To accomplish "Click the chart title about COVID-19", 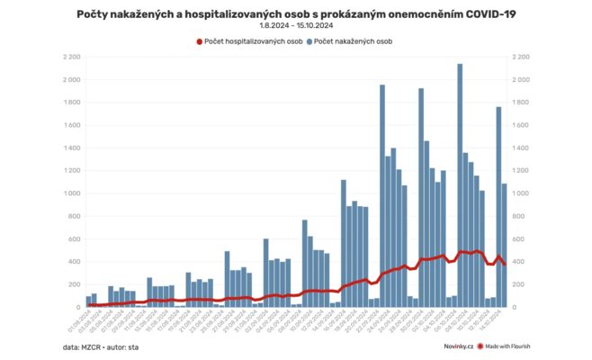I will (x=296, y=14).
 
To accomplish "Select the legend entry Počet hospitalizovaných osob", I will (x=247, y=41).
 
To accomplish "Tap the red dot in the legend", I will (x=200, y=41).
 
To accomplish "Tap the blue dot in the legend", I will (x=309, y=41).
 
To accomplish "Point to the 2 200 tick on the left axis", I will (x=68, y=57).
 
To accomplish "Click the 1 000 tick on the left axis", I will (x=68, y=193).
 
